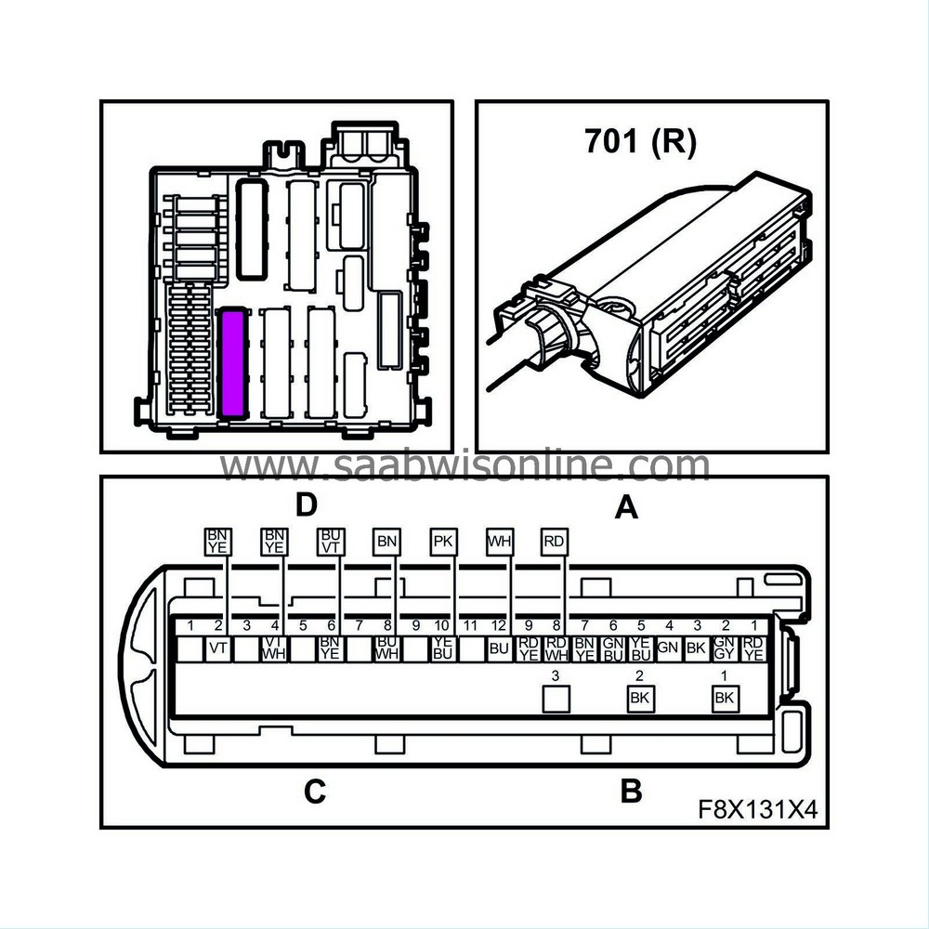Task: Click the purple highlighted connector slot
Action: pyautogui.click(x=232, y=364)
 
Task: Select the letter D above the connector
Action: pyautogui.click(x=307, y=504)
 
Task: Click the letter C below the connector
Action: pyautogui.click(x=315, y=792)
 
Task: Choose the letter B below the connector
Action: pyautogui.click(x=631, y=792)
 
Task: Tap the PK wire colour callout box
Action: pyautogui.click(x=444, y=542)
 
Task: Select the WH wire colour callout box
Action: pyautogui.click(x=500, y=542)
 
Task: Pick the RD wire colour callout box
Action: pyautogui.click(x=555, y=542)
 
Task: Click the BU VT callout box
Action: pyautogui.click(x=331, y=542)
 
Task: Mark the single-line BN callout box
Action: pyautogui.click(x=386, y=542)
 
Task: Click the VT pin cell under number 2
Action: pyautogui.click(x=219, y=648)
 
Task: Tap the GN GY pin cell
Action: pyautogui.click(x=724, y=648)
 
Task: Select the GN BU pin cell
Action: pyautogui.click(x=611, y=648)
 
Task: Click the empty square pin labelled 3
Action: pyautogui.click(x=555, y=699)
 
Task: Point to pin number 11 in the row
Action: pyautogui.click(x=470, y=626)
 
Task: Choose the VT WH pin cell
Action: pyautogui.click(x=274, y=648)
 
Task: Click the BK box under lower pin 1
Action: pyautogui.click(x=724, y=699)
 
